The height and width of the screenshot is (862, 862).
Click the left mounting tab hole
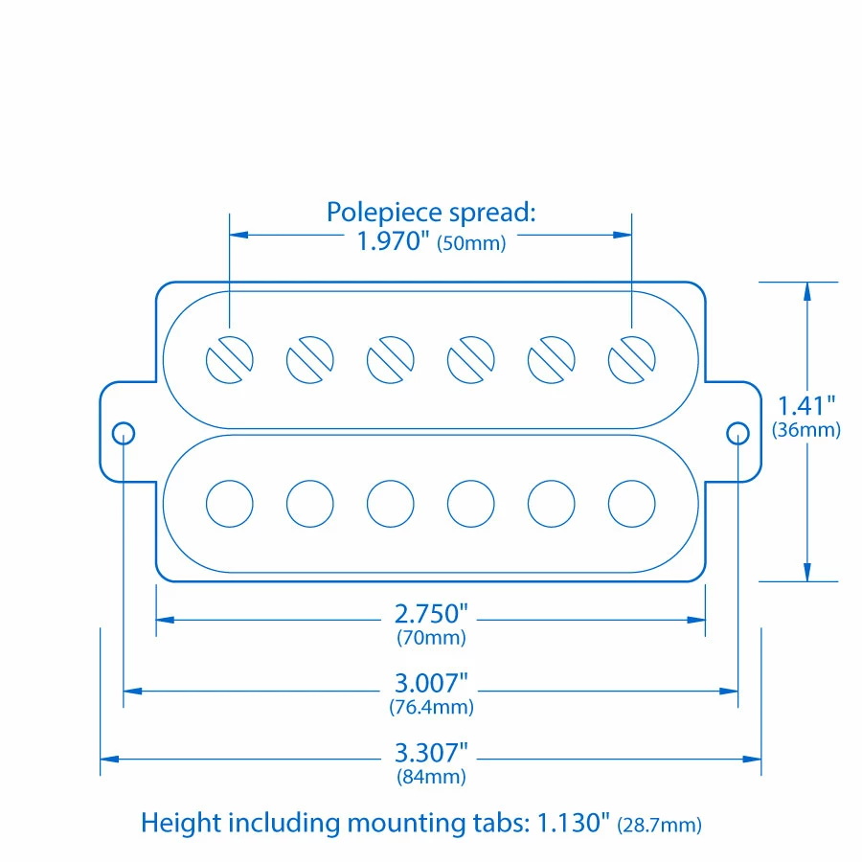tap(124, 433)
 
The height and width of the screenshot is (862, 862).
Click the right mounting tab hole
tap(737, 433)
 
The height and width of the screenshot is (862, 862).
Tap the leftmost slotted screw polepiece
tap(230, 360)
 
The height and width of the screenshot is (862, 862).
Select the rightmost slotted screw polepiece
tap(632, 360)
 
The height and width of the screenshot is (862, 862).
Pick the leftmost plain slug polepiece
tap(230, 503)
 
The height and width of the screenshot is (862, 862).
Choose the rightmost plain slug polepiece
tap(632, 503)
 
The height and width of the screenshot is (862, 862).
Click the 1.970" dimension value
tap(393, 241)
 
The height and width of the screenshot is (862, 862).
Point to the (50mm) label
tap(471, 243)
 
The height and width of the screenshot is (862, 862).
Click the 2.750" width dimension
tap(431, 613)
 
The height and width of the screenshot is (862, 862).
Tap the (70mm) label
tap(431, 637)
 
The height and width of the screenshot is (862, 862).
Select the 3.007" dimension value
tap(431, 684)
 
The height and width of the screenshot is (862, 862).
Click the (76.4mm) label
tap(431, 708)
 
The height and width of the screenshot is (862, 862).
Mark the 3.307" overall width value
tap(431, 753)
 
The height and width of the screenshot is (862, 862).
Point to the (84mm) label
tap(431, 777)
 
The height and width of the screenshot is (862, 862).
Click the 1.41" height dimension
tap(807, 405)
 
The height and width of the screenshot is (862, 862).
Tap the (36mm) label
tap(806, 430)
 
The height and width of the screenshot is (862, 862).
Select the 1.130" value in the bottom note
tap(573, 823)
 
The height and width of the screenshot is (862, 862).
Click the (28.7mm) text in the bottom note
tap(660, 824)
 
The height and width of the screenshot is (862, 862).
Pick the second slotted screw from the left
tap(310, 360)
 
